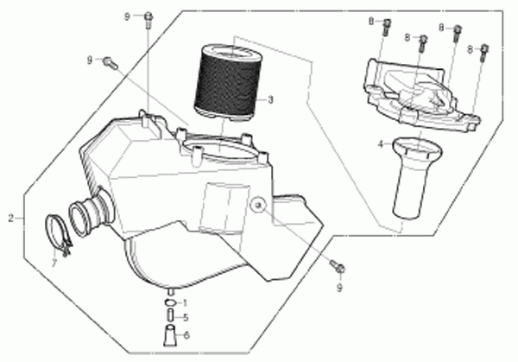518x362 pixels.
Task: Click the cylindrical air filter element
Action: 229,82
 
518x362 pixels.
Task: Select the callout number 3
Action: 270,100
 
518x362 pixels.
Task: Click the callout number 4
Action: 381,144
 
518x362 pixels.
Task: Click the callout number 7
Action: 54,264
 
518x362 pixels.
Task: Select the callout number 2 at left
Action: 11,219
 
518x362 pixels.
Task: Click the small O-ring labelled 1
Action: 170,302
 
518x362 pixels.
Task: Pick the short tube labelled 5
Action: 171,315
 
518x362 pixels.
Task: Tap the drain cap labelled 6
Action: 170,336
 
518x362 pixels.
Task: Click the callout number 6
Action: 186,335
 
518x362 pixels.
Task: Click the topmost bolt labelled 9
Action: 148,20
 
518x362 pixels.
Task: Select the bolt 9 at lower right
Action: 338,266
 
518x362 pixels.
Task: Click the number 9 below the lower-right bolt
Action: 339,289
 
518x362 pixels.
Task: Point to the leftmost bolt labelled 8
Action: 387,27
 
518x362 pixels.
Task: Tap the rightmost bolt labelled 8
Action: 484,53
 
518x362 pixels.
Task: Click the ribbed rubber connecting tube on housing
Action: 92,214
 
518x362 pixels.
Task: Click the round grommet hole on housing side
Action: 258,206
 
